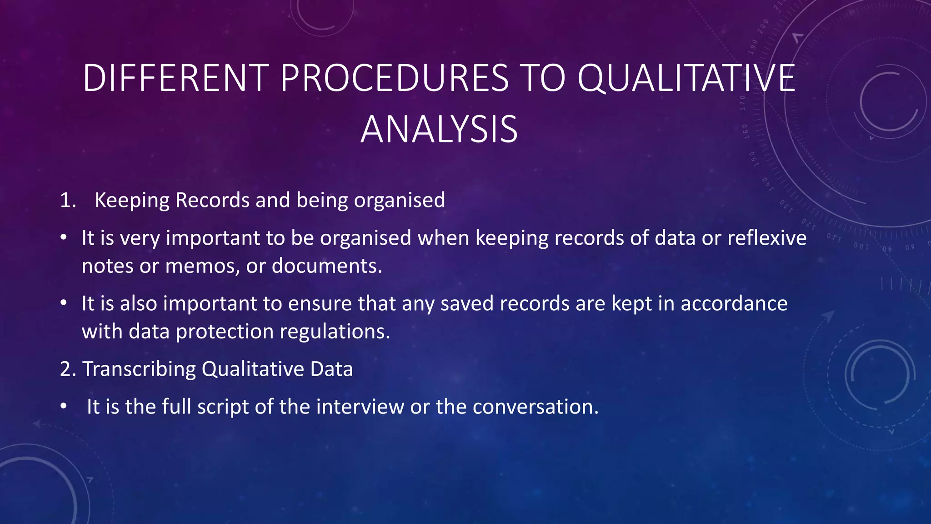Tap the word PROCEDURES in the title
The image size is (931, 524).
point(394,78)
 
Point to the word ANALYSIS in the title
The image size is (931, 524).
point(439,130)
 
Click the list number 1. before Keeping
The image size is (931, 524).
point(68,201)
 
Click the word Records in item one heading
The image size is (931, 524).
point(212,201)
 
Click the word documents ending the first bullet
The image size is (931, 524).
point(325,266)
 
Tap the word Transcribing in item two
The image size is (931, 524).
point(139,369)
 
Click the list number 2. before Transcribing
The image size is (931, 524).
point(68,369)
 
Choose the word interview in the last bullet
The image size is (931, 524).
point(360,407)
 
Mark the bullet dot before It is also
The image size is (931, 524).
point(64,303)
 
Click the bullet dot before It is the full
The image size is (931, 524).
point(64,406)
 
